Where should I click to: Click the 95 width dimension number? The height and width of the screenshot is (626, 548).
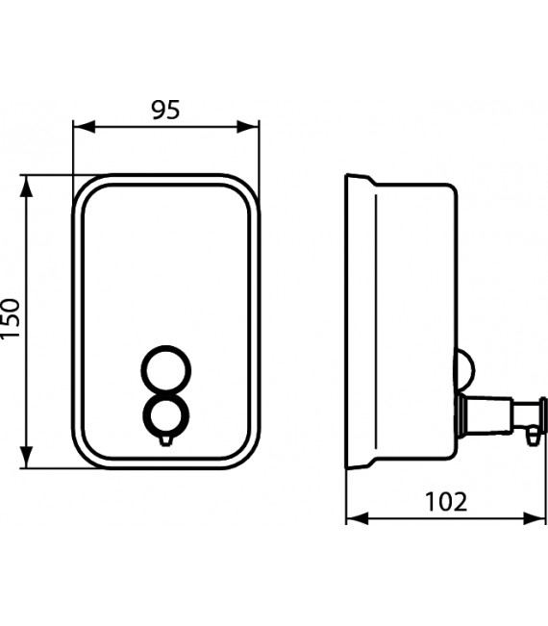[166, 110]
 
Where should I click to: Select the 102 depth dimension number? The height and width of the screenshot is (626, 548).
[444, 501]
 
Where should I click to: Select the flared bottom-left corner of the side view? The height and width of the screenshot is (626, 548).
[352, 466]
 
